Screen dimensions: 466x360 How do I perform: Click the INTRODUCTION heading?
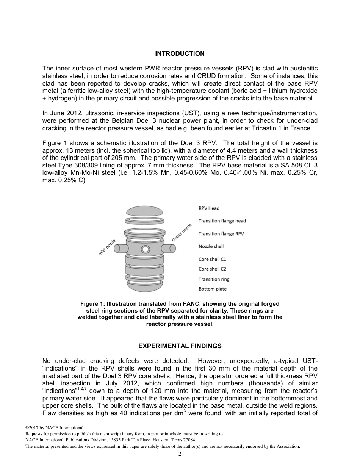(180, 53)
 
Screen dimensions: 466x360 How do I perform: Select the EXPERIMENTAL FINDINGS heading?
(180, 346)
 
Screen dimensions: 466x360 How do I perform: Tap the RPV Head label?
(209, 208)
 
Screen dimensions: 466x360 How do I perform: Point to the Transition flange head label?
(222, 221)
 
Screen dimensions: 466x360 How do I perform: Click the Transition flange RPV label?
(221, 234)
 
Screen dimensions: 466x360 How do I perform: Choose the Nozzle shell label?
(211, 247)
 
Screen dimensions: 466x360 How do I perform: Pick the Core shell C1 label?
(212, 260)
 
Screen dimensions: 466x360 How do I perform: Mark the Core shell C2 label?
(212, 269)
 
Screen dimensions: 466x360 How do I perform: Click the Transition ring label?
(214, 280)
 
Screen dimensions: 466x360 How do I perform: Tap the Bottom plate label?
(213, 289)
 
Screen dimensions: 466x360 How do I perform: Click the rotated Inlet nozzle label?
(107, 247)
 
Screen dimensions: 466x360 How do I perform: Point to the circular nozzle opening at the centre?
(145, 249)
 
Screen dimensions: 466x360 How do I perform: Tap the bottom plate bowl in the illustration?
(145, 287)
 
